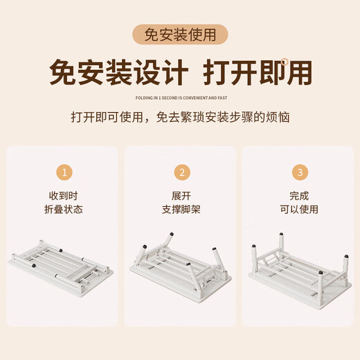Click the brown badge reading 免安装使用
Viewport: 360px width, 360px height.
pos(180,35)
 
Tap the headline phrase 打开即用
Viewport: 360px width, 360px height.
pos(257,72)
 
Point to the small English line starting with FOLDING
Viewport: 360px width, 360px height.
pos(180,98)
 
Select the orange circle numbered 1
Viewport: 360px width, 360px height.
pos(64,172)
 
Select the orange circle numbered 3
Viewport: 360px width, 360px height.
pos(299,172)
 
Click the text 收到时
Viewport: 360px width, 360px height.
pos(64,196)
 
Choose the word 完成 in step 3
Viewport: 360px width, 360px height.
pos(299,196)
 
